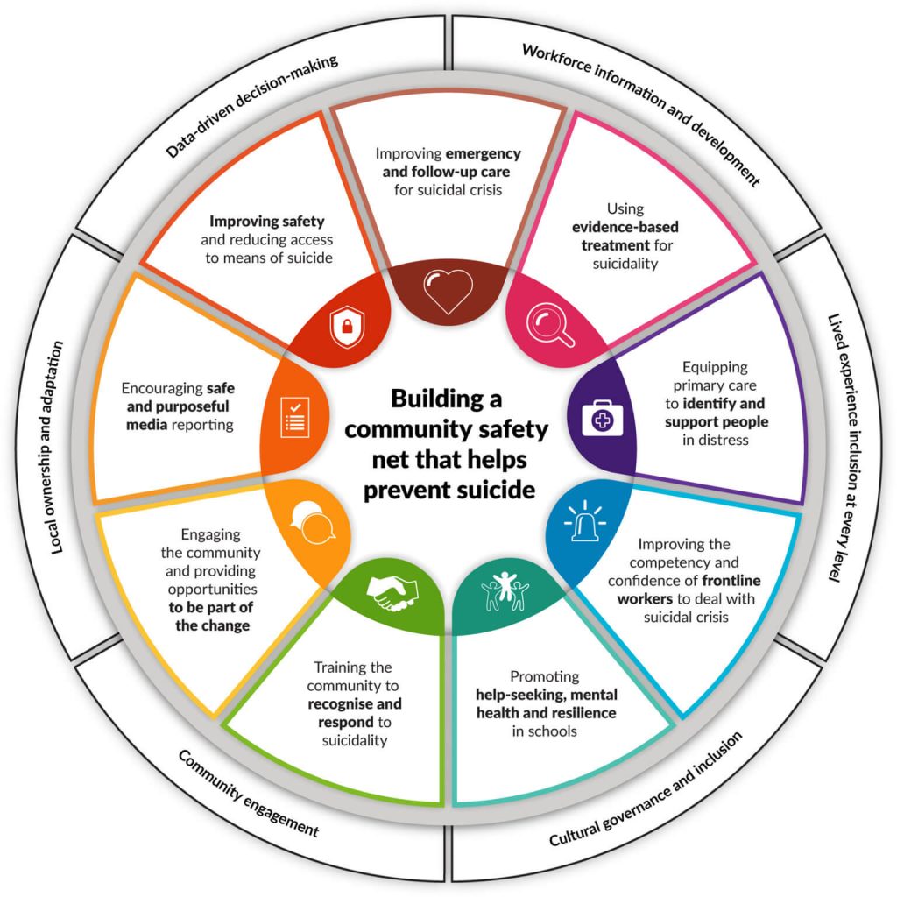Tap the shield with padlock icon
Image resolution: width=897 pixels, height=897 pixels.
click(x=342, y=328)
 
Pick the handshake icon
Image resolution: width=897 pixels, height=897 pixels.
click(x=392, y=593)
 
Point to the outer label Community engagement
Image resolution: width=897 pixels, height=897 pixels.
click(x=248, y=792)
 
